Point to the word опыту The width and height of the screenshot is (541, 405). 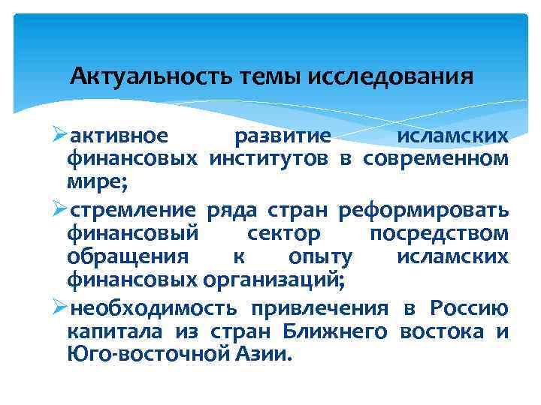pyautogui.click(x=321, y=257)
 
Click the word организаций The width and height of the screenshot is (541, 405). pyautogui.click(x=274, y=281)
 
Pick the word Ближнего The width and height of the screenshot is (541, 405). pyautogui.click(x=336, y=331)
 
